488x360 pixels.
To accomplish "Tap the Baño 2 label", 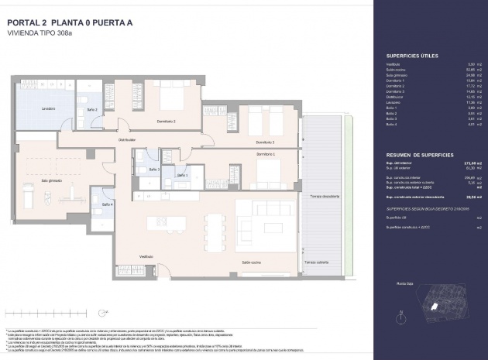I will (91, 110).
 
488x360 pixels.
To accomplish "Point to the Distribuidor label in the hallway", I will (126, 140).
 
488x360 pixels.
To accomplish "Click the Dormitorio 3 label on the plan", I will (265, 142).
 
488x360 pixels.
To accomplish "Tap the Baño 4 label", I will (106, 204).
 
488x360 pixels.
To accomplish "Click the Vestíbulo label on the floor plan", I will (146, 256).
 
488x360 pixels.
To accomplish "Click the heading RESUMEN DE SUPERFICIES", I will (419, 155).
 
